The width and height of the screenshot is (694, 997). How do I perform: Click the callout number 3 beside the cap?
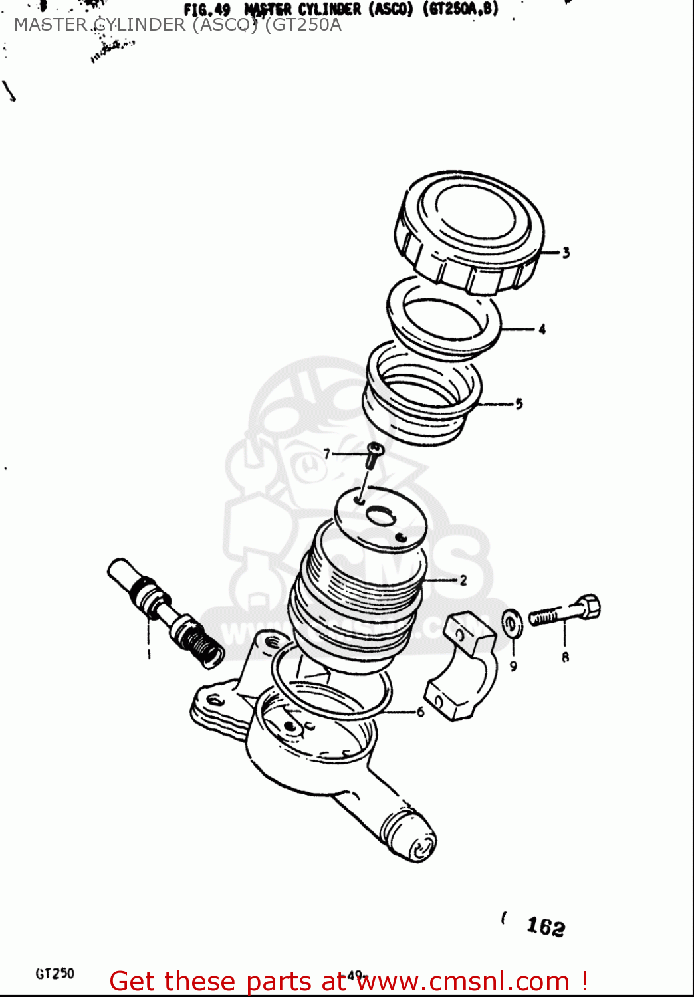[x=566, y=253]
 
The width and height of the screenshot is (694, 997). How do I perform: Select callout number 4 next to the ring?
[x=542, y=329]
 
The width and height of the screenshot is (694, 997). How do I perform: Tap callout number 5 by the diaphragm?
[x=519, y=403]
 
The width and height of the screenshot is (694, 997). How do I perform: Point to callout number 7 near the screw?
[x=326, y=454]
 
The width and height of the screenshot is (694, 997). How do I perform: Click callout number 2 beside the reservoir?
[x=463, y=580]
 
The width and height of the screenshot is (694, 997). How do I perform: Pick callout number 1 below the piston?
[x=149, y=655]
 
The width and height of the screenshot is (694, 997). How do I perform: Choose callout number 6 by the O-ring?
[x=420, y=712]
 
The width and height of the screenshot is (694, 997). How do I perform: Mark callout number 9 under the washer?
[x=513, y=666]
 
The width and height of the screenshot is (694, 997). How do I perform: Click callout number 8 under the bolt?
[x=565, y=657]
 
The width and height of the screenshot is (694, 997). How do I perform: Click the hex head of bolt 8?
[x=588, y=607]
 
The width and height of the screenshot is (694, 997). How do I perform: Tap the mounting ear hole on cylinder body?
[x=214, y=700]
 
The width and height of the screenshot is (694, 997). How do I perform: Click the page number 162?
[x=545, y=926]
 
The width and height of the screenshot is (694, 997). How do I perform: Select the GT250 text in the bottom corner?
[x=55, y=974]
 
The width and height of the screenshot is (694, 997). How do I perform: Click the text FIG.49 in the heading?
[x=207, y=11]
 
